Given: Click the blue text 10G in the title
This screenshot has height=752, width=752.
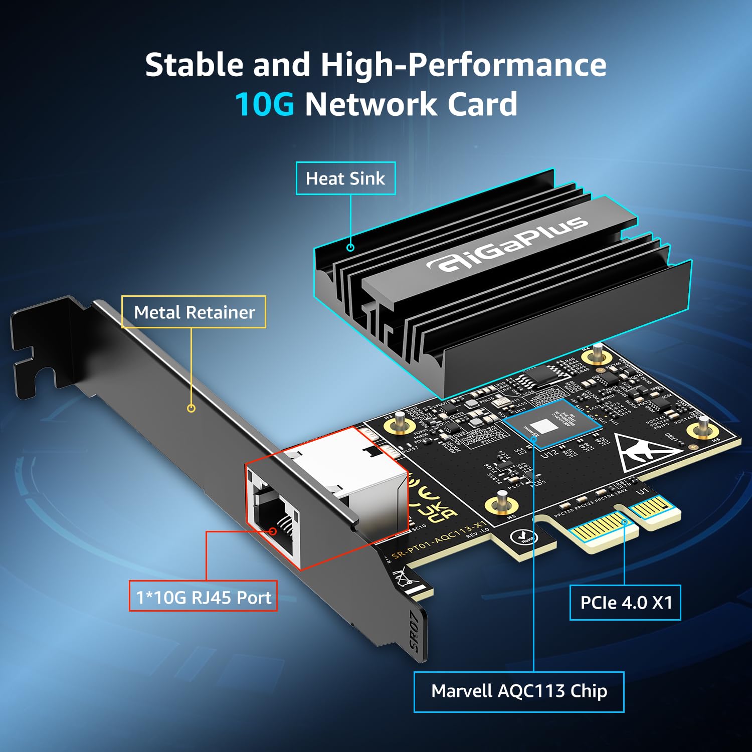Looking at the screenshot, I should pyautogui.click(x=264, y=104).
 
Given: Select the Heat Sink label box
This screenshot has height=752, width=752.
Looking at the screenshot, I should pyautogui.click(x=345, y=178).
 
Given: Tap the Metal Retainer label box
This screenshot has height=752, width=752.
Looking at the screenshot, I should pyautogui.click(x=194, y=312).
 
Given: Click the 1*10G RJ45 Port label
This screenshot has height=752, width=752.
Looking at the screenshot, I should pyautogui.click(x=203, y=597).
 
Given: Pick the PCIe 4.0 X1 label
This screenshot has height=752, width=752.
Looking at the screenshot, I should pyautogui.click(x=626, y=603).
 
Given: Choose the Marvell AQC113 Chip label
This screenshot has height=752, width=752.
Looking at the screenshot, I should pyautogui.click(x=519, y=691).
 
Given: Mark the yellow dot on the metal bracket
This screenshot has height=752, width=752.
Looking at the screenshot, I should pyautogui.click(x=191, y=408).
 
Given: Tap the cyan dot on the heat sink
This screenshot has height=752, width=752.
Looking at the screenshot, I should pyautogui.click(x=350, y=247).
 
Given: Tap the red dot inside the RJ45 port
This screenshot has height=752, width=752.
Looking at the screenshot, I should pyautogui.click(x=273, y=531).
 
